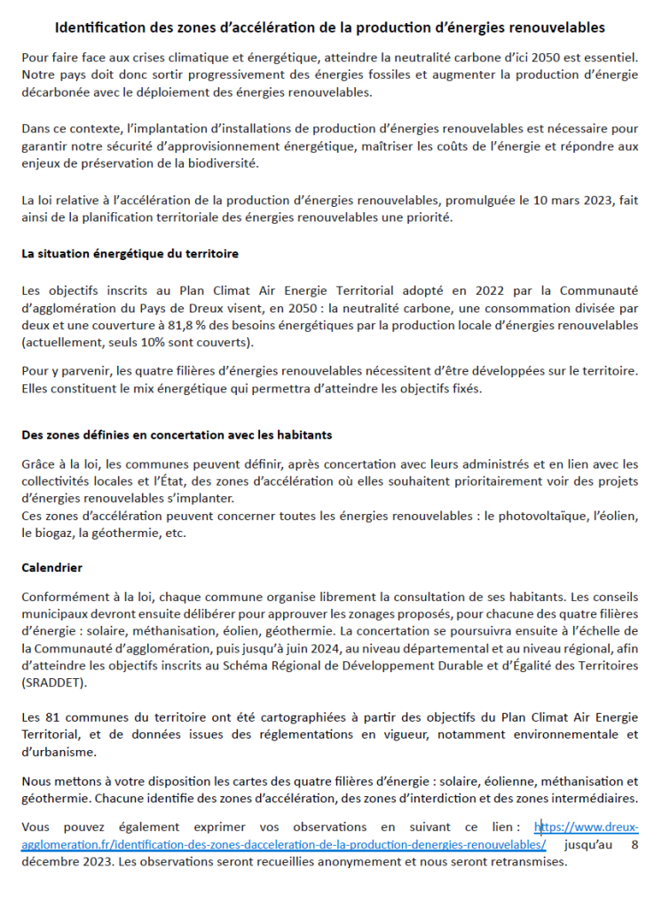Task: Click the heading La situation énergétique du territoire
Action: (130, 253)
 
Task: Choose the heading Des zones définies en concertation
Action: (177, 435)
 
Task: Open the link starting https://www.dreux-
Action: (587, 827)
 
